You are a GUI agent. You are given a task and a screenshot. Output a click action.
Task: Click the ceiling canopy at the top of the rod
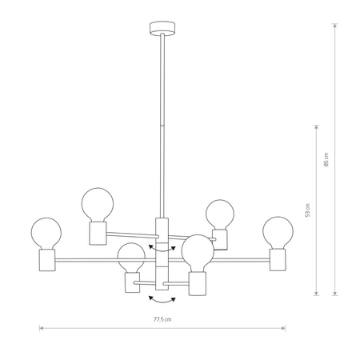(161, 30)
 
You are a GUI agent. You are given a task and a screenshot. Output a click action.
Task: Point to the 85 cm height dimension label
(326, 159)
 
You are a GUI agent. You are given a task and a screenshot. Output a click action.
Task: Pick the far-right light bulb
(278, 231)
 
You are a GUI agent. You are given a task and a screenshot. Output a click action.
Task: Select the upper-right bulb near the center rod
(219, 214)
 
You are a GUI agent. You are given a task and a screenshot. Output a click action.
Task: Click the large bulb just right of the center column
(196, 253)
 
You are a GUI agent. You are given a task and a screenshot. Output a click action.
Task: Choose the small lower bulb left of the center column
(131, 258)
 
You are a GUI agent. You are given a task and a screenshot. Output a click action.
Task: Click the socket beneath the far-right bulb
(278, 259)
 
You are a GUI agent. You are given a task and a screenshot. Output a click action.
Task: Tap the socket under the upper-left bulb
(96, 233)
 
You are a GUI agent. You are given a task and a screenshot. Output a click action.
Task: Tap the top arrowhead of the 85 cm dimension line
(334, 25)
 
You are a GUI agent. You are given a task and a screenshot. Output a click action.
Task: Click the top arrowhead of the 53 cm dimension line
(318, 126)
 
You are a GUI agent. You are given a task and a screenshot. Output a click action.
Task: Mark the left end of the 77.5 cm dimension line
(40, 327)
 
